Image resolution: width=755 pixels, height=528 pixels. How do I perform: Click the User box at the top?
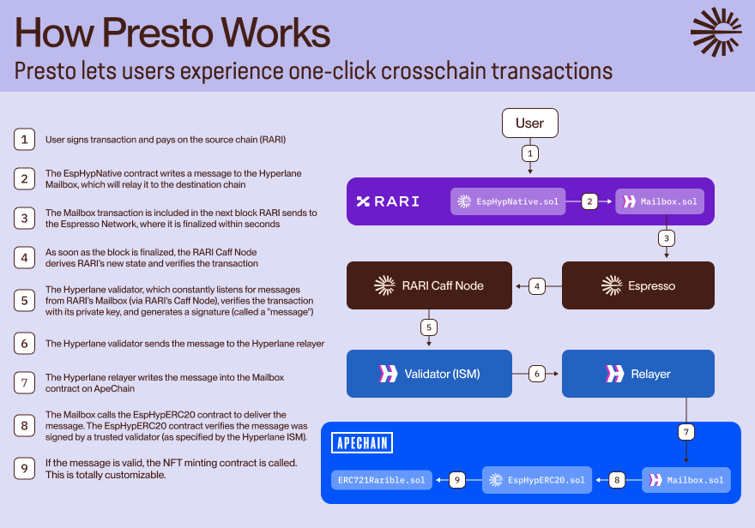[x=529, y=123]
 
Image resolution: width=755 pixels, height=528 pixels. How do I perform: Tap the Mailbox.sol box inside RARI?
[x=660, y=202]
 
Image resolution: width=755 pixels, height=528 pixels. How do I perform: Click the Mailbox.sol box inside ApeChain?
[x=686, y=480]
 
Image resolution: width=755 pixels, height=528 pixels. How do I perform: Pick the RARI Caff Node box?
[x=428, y=285]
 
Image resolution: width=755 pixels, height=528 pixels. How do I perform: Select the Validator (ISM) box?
[x=428, y=374]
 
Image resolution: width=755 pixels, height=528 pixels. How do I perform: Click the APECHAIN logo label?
[x=361, y=443]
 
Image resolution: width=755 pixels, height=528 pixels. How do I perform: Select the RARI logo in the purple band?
[x=388, y=201]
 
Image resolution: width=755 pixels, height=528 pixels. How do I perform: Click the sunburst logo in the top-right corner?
[x=716, y=32]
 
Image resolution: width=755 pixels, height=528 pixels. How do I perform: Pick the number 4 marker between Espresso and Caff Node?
[x=537, y=285]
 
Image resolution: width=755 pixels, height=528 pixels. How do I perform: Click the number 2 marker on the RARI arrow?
[x=589, y=202]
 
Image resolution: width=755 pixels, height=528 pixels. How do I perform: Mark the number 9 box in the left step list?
[x=24, y=468]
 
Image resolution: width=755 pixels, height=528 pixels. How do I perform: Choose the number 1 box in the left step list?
[x=24, y=139]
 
